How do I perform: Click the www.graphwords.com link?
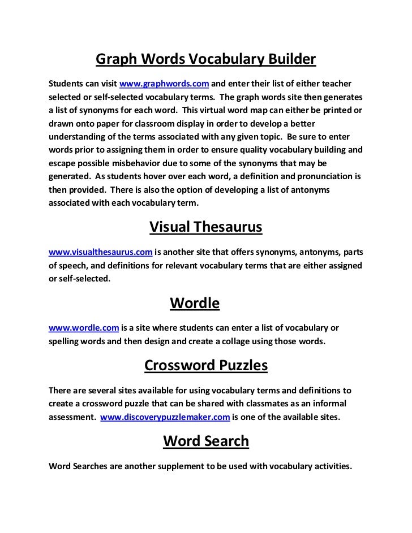point(164,85)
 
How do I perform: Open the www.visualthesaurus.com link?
point(101,252)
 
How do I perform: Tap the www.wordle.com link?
point(83,328)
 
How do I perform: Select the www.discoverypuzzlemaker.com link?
point(165,417)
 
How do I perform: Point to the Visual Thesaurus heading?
point(206,227)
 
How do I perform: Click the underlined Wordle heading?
point(195,304)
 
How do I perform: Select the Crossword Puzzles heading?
point(206,366)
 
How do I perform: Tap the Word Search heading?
point(206,441)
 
